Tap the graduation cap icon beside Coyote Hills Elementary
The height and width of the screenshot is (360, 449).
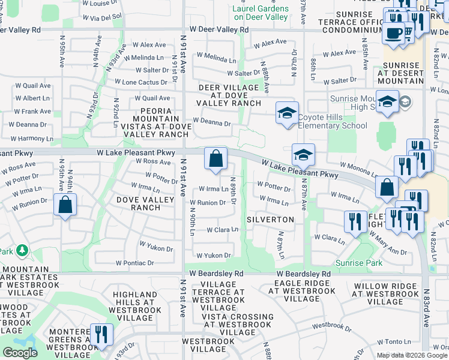pos(287,113)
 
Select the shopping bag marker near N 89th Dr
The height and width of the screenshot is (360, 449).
pos(216,159)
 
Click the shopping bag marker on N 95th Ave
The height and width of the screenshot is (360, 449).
pos(65,205)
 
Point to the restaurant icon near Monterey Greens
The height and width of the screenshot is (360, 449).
pos(101,334)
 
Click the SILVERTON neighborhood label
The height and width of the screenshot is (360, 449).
pos(270,220)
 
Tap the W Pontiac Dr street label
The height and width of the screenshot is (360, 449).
pos(134,263)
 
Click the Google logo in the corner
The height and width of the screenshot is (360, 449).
pos(20,352)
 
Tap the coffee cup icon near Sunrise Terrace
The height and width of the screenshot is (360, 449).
pos(394,34)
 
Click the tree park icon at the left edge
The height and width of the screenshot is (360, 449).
pos(22,248)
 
